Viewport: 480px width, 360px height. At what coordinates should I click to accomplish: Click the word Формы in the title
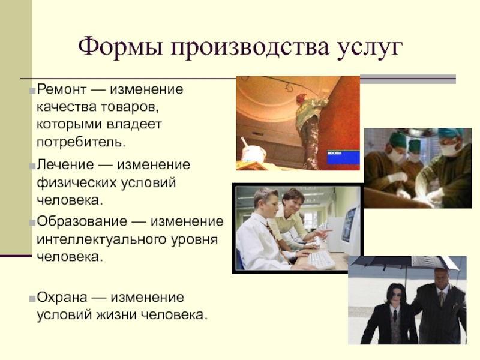(121, 47)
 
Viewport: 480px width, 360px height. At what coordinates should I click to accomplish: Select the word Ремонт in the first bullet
(62, 89)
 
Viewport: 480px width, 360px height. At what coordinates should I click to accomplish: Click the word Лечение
(65, 164)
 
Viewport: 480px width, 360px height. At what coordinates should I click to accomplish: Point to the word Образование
(82, 221)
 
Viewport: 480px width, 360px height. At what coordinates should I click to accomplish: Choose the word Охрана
(62, 298)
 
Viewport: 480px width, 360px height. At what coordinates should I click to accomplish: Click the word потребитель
(81, 142)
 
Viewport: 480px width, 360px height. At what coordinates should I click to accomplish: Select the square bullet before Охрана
(32, 299)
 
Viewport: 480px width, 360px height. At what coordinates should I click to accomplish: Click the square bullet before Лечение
(32, 167)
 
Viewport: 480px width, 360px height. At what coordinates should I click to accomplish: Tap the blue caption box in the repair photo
(343, 157)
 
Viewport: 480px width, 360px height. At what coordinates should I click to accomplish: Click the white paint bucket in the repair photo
(253, 154)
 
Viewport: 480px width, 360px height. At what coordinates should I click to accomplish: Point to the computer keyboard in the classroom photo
(321, 260)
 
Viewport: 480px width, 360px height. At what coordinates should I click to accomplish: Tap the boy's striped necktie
(277, 242)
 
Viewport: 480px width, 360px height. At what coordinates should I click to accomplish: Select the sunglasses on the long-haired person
(396, 295)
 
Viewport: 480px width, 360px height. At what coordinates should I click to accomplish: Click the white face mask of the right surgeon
(449, 149)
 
